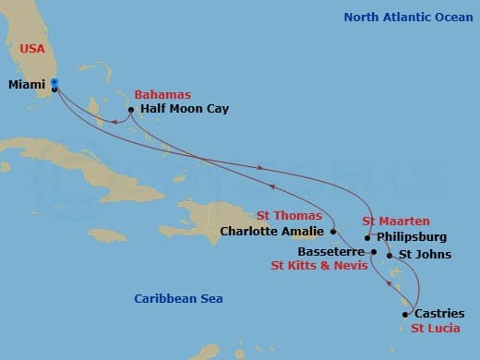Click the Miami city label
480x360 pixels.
coord(26,83)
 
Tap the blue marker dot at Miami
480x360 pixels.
coord(55,83)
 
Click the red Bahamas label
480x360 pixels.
coord(162,94)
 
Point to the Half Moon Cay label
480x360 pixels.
coord(185,109)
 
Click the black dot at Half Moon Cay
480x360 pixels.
coord(132,110)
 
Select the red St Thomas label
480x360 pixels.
coord(289,216)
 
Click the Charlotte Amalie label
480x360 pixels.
coord(271,232)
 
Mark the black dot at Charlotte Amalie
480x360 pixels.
coord(332,232)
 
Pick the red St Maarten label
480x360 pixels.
coord(394,222)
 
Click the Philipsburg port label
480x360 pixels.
coord(412,237)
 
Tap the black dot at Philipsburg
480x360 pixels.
coord(368,237)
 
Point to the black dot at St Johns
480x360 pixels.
coord(390,255)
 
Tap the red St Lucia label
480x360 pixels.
coord(436,329)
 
